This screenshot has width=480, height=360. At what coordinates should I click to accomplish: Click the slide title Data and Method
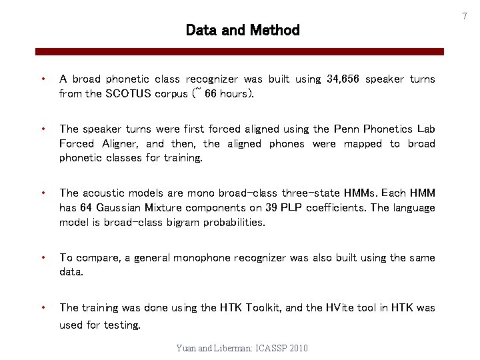point(243,30)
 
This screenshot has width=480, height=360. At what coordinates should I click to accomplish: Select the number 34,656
point(343,79)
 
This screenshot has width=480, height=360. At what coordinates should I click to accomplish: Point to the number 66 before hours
point(211,94)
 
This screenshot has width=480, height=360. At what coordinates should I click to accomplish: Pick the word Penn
point(349,129)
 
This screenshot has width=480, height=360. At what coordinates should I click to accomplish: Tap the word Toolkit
point(267,308)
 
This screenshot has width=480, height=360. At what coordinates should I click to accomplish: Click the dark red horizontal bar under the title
point(240,51)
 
